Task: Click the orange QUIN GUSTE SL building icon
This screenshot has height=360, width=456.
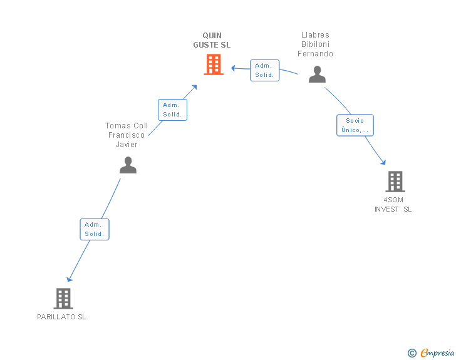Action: click(x=214, y=64)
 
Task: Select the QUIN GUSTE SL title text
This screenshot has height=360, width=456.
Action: click(x=212, y=40)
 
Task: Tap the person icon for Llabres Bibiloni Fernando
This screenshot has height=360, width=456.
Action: click(x=318, y=75)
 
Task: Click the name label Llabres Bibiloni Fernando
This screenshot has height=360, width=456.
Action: click(x=315, y=44)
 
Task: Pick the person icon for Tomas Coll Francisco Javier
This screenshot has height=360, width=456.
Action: click(x=128, y=165)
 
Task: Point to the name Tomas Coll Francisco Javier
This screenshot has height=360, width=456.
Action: click(x=127, y=135)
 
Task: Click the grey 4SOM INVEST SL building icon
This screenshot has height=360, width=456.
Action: click(x=395, y=182)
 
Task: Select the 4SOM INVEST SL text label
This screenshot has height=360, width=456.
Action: click(x=393, y=205)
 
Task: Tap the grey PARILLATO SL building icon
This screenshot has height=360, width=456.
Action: click(x=63, y=299)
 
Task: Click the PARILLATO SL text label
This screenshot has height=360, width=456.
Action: click(x=61, y=317)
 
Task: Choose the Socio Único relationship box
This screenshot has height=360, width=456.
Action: click(x=355, y=125)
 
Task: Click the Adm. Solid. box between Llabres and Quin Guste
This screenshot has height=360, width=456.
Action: click(x=264, y=70)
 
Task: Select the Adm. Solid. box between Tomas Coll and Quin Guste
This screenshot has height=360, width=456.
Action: click(x=172, y=110)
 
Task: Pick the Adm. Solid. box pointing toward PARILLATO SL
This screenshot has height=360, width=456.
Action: click(x=95, y=229)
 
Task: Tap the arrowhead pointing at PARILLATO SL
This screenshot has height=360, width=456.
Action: click(x=69, y=279)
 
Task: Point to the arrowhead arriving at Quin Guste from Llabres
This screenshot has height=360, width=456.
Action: click(x=232, y=67)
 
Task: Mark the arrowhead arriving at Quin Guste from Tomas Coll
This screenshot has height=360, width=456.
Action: click(x=195, y=86)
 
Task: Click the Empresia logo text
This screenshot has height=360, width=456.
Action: click(x=437, y=353)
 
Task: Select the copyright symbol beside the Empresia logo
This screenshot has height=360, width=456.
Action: click(x=412, y=353)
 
